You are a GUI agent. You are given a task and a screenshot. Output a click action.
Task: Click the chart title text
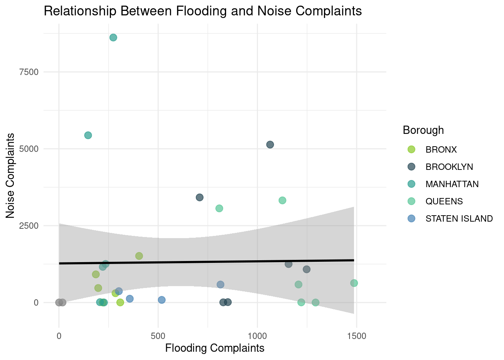[202, 11]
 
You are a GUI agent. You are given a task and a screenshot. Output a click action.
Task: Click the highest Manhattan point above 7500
[113, 37]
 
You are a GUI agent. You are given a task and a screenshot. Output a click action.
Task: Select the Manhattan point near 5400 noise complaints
[88, 135]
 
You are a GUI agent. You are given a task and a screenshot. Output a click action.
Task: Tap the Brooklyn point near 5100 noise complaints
[270, 145]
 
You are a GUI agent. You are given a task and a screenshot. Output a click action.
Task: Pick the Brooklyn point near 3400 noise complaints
[200, 198]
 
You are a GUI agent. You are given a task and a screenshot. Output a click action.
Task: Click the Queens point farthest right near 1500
[354, 283]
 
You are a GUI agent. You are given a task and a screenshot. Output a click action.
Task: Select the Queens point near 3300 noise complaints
[282, 201]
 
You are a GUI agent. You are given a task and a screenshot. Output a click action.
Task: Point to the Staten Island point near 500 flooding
[162, 300]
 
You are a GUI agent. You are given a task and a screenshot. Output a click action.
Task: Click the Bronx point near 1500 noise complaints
[139, 256]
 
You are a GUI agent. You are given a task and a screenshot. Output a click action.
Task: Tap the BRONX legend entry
[441, 150]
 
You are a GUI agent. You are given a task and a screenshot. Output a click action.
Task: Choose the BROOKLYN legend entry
[449, 167]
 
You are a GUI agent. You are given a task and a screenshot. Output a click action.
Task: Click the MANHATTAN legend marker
[411, 184]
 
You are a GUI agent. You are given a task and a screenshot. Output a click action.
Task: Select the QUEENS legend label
[444, 201]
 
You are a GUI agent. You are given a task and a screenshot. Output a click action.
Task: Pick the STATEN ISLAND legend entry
[459, 219]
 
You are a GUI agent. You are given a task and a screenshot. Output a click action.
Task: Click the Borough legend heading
[423, 130]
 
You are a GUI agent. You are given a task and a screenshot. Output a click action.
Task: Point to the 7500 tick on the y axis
[29, 72]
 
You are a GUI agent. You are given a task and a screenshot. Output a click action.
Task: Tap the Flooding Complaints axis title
[214, 348]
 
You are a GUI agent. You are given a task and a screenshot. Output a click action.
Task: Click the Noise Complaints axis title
[10, 175]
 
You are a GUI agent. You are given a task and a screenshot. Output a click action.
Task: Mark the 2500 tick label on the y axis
[29, 226]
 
